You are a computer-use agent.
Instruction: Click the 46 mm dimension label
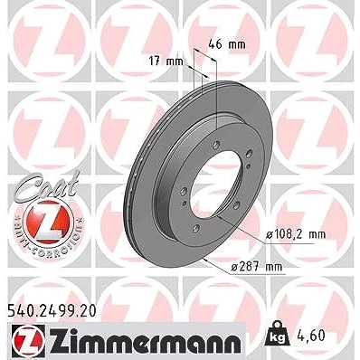(227, 44)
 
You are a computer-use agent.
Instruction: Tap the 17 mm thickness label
(166, 62)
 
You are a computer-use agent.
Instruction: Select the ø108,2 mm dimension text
(296, 234)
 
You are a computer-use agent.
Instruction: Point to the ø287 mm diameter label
(256, 267)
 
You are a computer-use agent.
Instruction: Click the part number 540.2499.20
(51, 311)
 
